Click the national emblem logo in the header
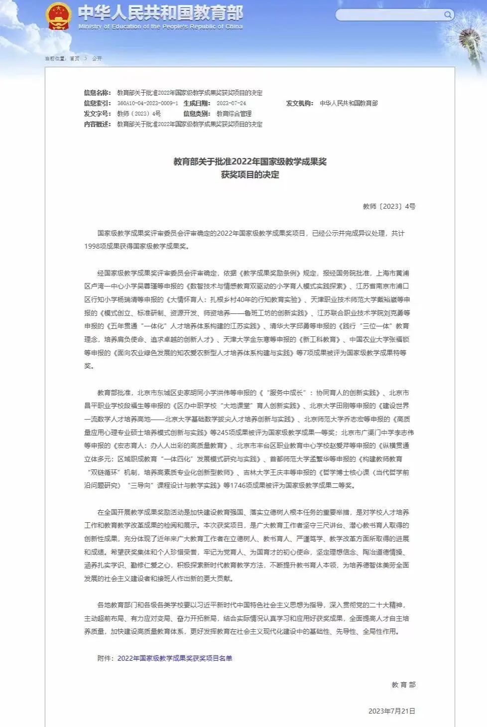point(59,16)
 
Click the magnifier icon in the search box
point(448,15)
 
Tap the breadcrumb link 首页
point(74,59)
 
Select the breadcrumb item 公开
point(97,59)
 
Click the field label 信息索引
point(97,103)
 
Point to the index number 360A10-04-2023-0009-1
point(147,103)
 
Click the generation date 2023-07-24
point(231,103)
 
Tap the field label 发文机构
point(299,103)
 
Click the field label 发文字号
point(97,114)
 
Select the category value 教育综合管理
point(234,114)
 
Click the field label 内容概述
point(97,124)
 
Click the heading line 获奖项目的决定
point(250,175)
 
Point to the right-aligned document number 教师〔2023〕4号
point(389,206)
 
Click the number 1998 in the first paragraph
point(92,246)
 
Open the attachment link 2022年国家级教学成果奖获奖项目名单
point(175,658)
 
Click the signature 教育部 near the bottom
point(403,685)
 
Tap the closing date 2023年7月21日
point(391,711)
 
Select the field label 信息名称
point(97,93)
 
